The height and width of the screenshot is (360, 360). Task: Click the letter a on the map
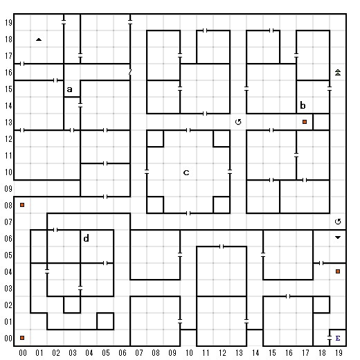pyautogui.click(x=69, y=89)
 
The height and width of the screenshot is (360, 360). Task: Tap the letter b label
pyautogui.click(x=303, y=105)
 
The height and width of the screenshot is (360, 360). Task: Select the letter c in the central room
pyautogui.click(x=186, y=172)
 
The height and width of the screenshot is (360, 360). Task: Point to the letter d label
pyautogui.click(x=86, y=238)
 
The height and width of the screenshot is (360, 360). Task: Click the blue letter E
pyautogui.click(x=338, y=338)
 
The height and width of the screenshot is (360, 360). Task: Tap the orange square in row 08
pyautogui.click(x=22, y=205)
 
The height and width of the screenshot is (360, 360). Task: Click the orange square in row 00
pyautogui.click(x=22, y=338)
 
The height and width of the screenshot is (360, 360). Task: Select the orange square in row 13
pyautogui.click(x=305, y=122)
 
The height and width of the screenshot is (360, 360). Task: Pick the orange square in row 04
pyautogui.click(x=338, y=271)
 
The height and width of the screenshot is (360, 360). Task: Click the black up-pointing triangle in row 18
pyautogui.click(x=39, y=39)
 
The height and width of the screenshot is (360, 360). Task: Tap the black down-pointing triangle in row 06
pyautogui.click(x=338, y=237)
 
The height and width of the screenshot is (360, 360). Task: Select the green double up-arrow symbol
pyautogui.click(x=338, y=72)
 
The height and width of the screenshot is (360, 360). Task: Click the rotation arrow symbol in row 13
pyautogui.click(x=238, y=122)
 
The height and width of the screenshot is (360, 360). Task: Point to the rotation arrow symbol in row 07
pyautogui.click(x=338, y=222)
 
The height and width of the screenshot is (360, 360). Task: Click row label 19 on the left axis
pyautogui.click(x=8, y=23)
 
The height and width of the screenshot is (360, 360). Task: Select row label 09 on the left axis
pyautogui.click(x=8, y=189)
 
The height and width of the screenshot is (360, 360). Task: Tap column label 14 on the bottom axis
pyautogui.click(x=255, y=353)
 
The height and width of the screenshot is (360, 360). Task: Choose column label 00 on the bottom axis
pyautogui.click(x=23, y=353)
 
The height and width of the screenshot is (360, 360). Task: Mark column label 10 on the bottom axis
pyautogui.click(x=189, y=353)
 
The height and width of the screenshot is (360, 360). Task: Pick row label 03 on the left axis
pyautogui.click(x=8, y=289)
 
